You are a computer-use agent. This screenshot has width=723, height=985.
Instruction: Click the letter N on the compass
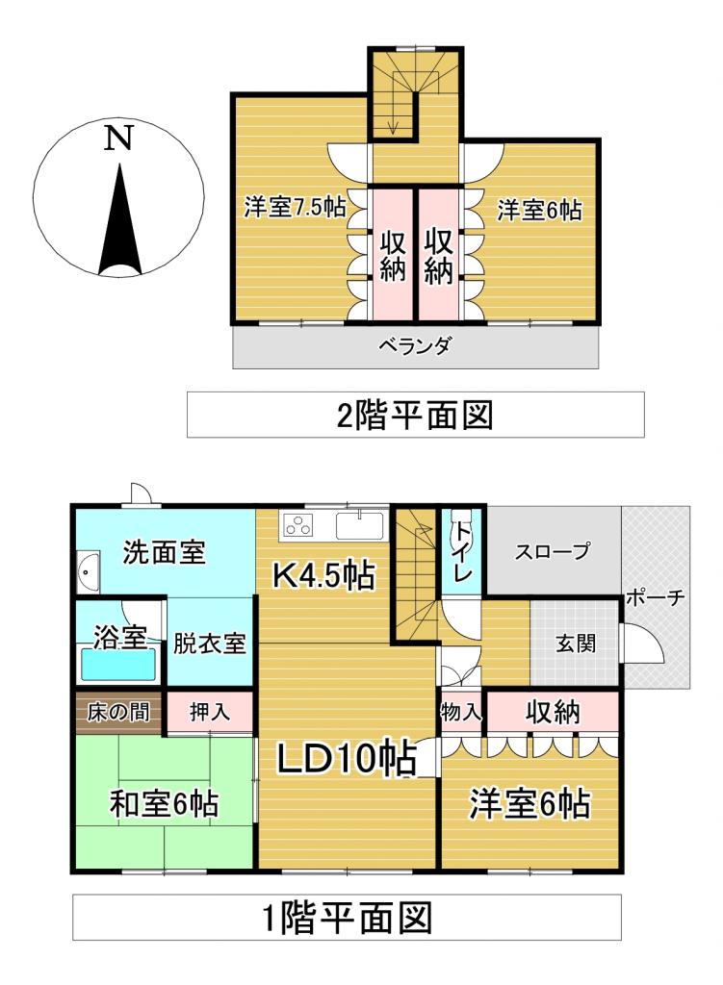117,140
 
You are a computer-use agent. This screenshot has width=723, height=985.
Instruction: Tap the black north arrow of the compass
119,221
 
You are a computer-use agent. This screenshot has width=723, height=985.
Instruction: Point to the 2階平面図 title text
415,415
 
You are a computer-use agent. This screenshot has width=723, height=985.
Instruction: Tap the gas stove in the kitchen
299,525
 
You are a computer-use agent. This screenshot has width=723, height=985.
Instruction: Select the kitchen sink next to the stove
359,526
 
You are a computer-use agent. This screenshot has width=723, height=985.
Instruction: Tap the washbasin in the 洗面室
87,575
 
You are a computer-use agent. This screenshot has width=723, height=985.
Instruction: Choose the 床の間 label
118,713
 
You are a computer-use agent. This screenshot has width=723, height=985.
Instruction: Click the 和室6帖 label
163,804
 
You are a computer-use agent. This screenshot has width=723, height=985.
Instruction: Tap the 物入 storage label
461,713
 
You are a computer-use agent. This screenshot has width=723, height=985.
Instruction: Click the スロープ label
552,552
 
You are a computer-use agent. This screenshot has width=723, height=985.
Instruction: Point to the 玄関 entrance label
575,643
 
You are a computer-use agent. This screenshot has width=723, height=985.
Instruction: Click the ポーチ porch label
656,596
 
